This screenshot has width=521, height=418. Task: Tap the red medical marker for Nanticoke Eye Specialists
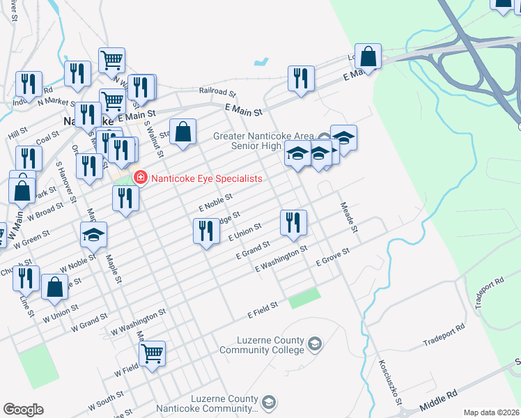tap(140, 178)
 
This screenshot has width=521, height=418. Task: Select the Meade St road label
tap(348, 217)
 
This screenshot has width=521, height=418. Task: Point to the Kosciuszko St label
tap(389, 382)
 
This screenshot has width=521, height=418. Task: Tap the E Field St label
tap(263, 310)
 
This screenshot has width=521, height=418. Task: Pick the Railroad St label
tap(217, 92)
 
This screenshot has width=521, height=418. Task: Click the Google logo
tap(23, 410)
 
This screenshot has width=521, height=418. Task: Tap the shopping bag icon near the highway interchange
tap(369, 55)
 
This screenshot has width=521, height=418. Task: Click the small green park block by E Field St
tap(304, 298)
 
